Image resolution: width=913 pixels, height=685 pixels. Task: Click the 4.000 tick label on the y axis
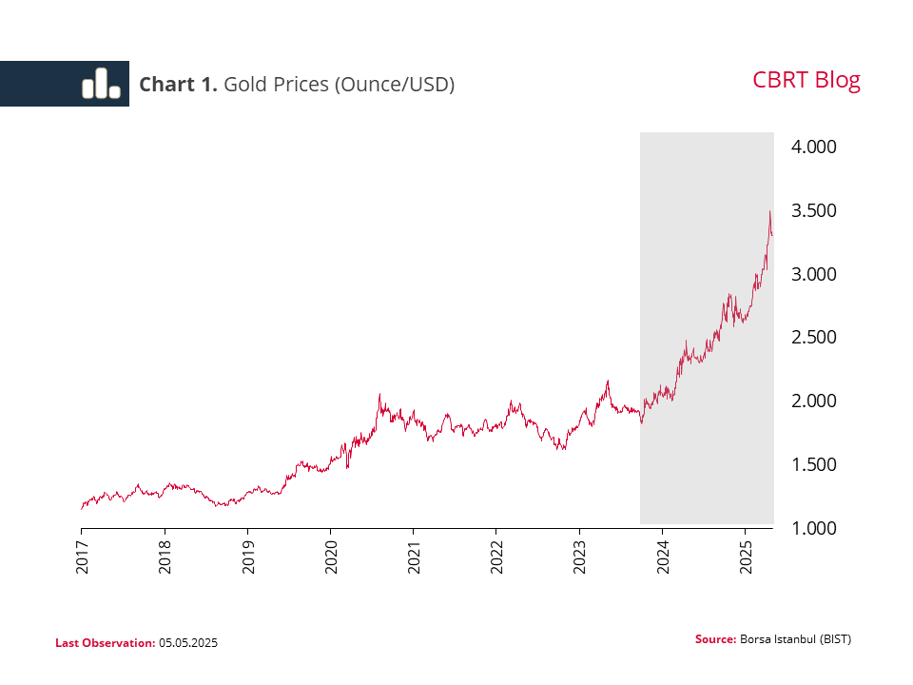coord(813,147)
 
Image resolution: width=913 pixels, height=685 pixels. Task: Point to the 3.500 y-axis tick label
coord(813,210)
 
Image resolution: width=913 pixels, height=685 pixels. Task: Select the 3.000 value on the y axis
coord(813,274)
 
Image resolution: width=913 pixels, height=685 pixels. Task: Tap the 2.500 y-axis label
coord(813,338)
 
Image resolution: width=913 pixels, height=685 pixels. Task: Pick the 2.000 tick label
coord(813,401)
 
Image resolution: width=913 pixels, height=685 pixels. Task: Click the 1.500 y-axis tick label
coord(813,464)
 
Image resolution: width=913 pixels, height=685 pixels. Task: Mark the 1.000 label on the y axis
coord(813,528)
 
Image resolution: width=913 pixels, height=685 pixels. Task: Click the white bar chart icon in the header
coord(101,84)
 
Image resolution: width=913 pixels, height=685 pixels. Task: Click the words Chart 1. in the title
coord(179,85)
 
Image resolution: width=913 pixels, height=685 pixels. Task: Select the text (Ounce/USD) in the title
coord(393,85)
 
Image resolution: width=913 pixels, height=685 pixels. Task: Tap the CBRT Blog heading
coord(806,80)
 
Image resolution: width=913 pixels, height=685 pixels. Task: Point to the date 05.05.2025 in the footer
coord(188,643)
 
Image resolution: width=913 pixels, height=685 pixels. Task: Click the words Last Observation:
coord(105,643)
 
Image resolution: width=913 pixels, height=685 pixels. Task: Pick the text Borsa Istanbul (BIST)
coord(795,639)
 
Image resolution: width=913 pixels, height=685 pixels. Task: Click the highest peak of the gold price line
coord(769,211)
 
